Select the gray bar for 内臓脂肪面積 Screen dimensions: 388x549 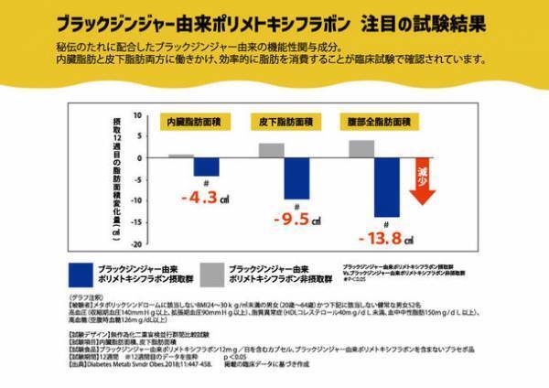181,156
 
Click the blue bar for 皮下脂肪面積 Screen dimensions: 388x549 296,178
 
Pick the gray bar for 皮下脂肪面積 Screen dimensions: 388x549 271,150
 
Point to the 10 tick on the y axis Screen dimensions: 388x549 136,115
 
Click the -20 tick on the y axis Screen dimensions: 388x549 135,244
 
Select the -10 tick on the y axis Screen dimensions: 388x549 135,201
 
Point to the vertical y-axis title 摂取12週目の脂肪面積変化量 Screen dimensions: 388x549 115,178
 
